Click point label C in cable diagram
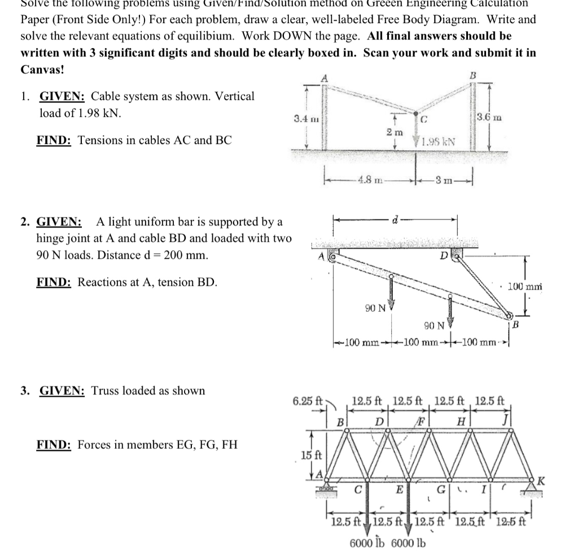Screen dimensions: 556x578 tap(424, 119)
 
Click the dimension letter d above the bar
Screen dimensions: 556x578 tap(395, 219)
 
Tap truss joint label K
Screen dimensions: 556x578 tap(541, 481)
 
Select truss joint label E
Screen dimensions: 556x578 tap(398, 490)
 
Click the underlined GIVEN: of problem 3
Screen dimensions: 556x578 tap(62, 390)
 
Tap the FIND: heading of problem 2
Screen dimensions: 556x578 tap(54, 281)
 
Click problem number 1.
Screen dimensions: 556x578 tap(24, 96)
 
